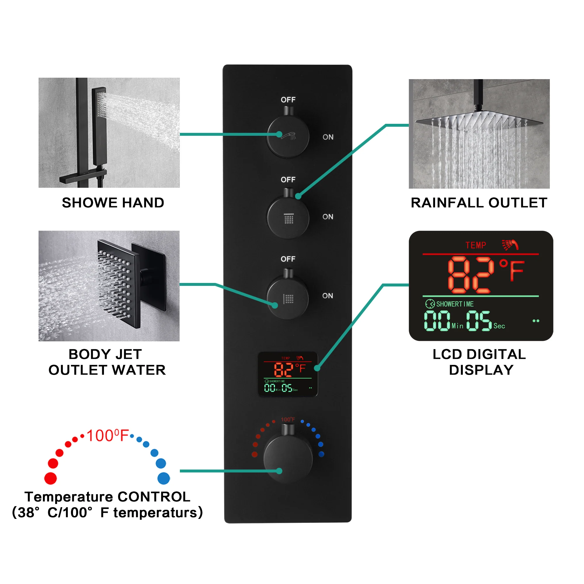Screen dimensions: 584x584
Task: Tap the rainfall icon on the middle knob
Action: (289, 218)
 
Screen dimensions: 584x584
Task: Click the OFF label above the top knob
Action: (288, 100)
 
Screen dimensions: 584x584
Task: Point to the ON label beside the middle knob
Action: (328, 217)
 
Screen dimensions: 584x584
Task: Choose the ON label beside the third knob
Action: (328, 296)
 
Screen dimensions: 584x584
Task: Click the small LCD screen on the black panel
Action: (287, 374)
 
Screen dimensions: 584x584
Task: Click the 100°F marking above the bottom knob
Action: (288, 420)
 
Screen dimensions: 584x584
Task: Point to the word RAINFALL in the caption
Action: (447, 203)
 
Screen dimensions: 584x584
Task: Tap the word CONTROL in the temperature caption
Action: (154, 497)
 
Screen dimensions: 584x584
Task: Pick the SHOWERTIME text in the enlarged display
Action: (455, 304)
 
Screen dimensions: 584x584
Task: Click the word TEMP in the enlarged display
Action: (476, 245)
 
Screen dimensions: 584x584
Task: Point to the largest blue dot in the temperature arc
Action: (164, 479)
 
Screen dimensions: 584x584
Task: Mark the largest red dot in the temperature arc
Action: (51, 479)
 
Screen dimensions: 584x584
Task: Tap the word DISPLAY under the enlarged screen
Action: (481, 370)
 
